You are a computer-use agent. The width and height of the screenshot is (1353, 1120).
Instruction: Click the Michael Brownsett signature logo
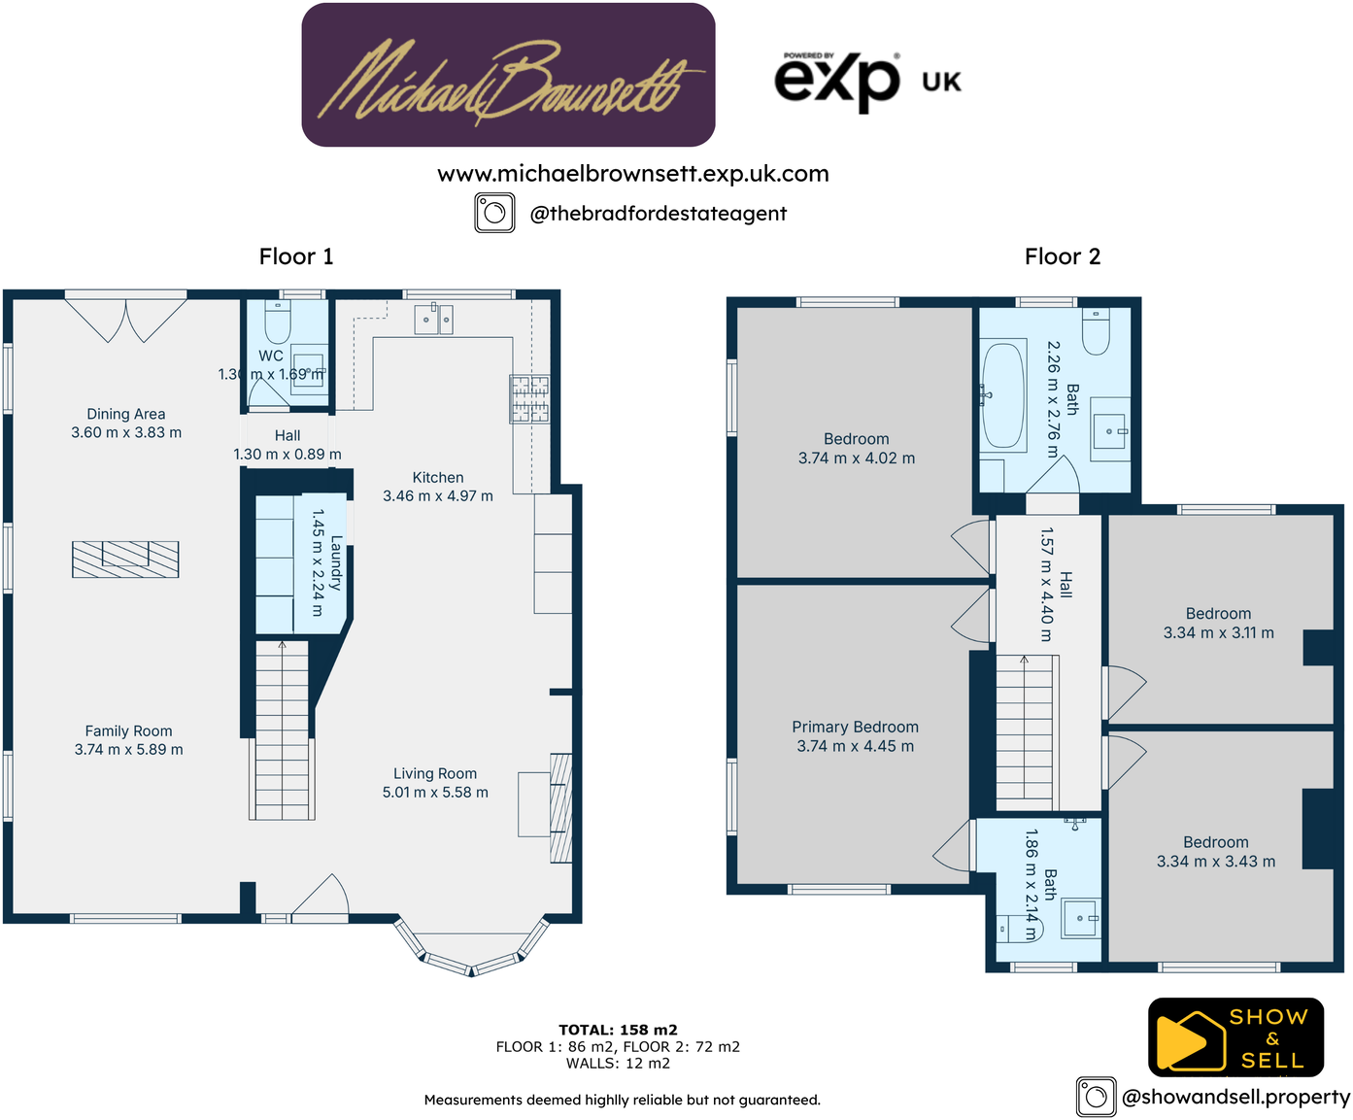508,76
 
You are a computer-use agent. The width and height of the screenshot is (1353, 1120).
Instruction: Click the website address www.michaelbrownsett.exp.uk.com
633,174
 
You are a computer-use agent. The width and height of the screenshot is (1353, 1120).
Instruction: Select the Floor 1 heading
296,256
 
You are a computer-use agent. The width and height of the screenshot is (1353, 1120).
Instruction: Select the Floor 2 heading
1062,256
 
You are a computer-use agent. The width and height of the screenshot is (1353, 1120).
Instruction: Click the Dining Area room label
126,414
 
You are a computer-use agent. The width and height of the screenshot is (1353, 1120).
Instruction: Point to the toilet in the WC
278,322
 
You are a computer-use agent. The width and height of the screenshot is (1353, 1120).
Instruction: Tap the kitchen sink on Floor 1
433,319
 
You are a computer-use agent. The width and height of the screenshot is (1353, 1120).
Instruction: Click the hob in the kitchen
530,399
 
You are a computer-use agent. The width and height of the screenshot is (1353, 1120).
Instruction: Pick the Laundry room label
336,562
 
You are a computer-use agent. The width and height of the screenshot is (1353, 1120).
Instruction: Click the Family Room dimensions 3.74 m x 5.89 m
128,750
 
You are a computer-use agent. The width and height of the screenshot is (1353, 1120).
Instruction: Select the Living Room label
435,773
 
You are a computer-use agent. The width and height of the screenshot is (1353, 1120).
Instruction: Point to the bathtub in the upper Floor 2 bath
1003,394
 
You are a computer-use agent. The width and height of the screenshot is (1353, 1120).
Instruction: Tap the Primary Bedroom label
855,727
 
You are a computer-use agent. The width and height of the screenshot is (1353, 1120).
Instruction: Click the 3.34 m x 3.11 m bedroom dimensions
1218,633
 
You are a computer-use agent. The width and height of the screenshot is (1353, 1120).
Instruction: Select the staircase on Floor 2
1025,729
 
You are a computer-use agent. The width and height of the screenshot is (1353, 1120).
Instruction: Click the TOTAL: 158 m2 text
618,1030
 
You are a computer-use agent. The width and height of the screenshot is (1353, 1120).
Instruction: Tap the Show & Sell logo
1235,1037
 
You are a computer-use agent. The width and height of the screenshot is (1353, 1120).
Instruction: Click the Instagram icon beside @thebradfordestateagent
494,213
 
